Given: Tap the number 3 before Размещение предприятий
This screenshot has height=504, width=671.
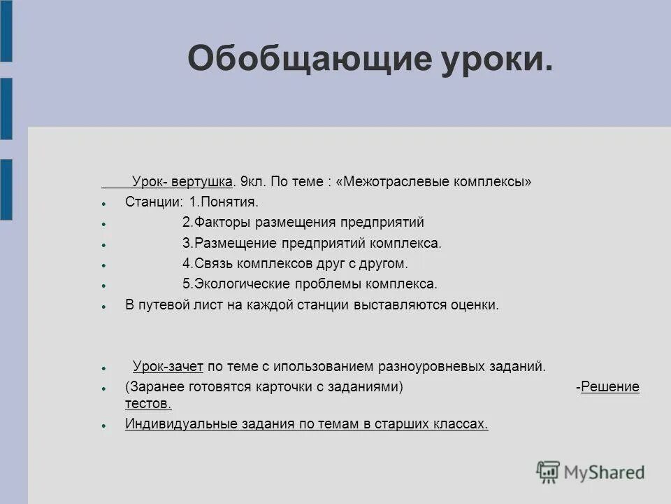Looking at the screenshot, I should pyautogui.click(x=186, y=244).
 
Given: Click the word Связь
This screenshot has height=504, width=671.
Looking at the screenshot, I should pyautogui.click(x=214, y=264).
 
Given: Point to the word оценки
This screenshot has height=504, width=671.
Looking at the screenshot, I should pyautogui.click(x=477, y=305).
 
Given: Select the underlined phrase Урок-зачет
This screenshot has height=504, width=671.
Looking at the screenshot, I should pyautogui.click(x=168, y=366).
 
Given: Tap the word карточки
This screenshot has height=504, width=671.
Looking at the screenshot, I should pyautogui.click(x=280, y=387).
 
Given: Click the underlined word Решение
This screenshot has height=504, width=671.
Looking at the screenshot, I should pyautogui.click(x=610, y=387).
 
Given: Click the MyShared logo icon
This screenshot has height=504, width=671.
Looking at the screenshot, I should pyautogui.click(x=549, y=472).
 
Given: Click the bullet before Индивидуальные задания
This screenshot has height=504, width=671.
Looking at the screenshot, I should pyautogui.click(x=103, y=425).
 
